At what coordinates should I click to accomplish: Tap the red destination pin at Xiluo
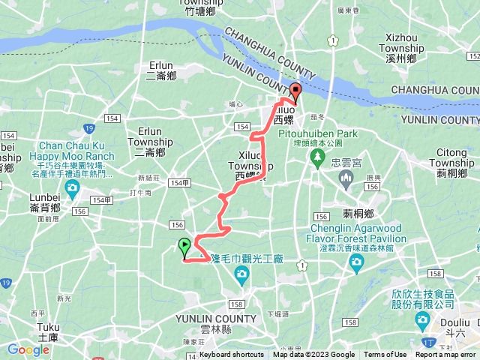pyautogui.click(x=295, y=94)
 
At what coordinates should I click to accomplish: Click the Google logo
pyautogui.click(x=28, y=349)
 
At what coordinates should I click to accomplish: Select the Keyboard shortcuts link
pyautogui.click(x=232, y=355)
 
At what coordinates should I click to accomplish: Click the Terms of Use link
pyautogui.click(x=385, y=355)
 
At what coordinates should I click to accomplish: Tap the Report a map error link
pyautogui.click(x=445, y=355)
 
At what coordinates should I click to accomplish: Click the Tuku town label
pyautogui.click(x=48, y=327)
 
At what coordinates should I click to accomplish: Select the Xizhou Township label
pyautogui.click(x=404, y=43)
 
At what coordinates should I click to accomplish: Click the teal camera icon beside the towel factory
pyautogui.click(x=241, y=275)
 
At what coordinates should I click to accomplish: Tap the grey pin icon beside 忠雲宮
pyautogui.click(x=346, y=178)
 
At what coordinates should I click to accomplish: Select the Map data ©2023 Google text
pyautogui.click(x=313, y=355)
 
